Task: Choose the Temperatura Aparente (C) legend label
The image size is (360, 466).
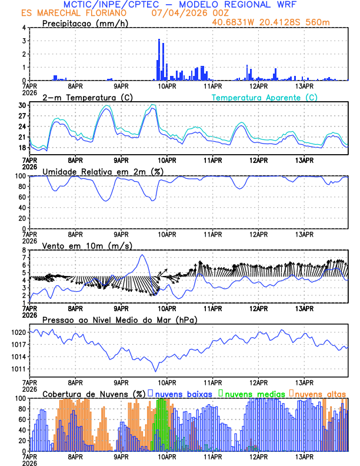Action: tap(264, 97)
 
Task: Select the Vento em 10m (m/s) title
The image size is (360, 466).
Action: tap(87, 245)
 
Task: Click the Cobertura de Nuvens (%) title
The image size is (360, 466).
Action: tap(94, 394)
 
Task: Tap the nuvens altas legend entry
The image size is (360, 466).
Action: tap(320, 394)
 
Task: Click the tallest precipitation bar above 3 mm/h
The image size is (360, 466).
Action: tap(159, 59)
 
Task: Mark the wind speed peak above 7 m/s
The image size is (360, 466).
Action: tap(142, 255)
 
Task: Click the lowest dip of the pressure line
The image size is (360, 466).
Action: tap(156, 371)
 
